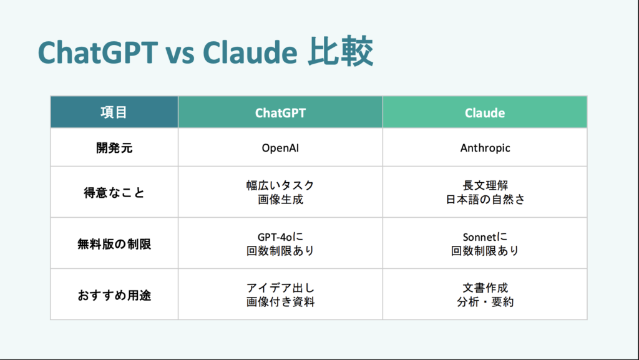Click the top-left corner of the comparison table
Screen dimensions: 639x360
(x=51, y=97)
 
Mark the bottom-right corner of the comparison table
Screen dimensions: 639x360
(x=587, y=319)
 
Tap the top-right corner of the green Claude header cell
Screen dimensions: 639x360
(x=587, y=97)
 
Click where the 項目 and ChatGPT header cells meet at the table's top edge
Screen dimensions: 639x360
(x=178, y=97)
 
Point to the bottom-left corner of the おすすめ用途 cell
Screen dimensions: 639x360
(x=51, y=319)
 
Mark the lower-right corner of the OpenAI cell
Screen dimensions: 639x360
(x=383, y=166)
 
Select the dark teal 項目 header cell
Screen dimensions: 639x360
(x=114, y=112)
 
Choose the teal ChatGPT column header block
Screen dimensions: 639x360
(x=280, y=112)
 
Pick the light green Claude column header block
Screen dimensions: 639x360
(x=485, y=112)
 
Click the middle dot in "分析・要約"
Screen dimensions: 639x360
(x=485, y=302)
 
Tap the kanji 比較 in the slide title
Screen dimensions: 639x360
(x=340, y=52)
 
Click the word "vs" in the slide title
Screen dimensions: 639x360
(x=180, y=54)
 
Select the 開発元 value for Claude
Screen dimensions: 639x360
(x=485, y=148)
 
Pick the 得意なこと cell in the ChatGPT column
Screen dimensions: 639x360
(x=280, y=192)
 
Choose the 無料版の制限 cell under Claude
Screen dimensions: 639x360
(x=485, y=243)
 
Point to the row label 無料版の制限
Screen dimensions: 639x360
(x=114, y=244)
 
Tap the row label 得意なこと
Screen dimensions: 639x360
(x=114, y=193)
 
